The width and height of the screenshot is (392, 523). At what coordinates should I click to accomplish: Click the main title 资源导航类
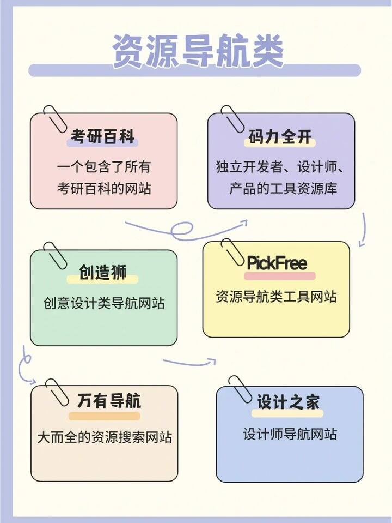(198, 51)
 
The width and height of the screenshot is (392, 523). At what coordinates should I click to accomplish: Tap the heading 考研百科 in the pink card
(102, 136)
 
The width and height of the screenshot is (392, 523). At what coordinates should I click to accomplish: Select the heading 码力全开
(280, 136)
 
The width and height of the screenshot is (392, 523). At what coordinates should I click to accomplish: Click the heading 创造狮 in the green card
(102, 273)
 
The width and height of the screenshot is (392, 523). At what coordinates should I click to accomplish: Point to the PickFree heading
(277, 263)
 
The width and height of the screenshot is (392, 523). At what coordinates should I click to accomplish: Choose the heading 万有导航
(109, 401)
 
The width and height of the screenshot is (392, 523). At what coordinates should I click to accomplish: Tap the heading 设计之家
(288, 401)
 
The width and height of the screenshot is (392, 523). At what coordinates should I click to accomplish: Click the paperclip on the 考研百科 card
(56, 119)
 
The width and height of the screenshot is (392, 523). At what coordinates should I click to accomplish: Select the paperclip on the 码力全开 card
(232, 119)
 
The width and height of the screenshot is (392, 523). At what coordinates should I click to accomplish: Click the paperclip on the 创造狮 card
(56, 256)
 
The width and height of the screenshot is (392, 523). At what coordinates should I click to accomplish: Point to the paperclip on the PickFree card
(232, 252)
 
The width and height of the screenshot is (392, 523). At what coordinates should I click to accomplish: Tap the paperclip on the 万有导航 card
(57, 393)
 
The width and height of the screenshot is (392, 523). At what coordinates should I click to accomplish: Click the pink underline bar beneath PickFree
(279, 276)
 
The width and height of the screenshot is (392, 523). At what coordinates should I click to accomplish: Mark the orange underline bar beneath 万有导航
(104, 416)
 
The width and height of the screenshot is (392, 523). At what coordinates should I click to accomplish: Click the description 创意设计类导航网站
(104, 303)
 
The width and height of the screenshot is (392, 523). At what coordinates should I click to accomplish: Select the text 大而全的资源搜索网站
(105, 437)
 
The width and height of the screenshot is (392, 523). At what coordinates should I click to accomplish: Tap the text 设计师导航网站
(290, 434)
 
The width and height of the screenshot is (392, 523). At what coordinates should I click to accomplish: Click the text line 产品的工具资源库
(283, 189)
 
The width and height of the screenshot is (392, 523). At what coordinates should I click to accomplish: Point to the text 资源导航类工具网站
(276, 296)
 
